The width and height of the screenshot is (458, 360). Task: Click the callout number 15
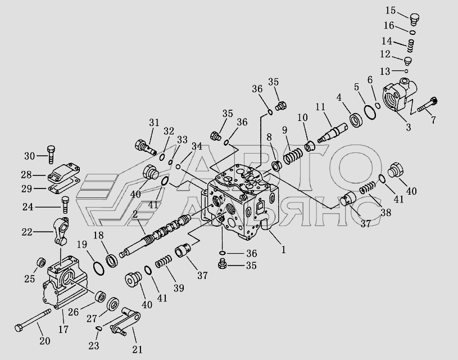tap(390, 11)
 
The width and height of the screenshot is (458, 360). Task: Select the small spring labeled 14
tap(411, 46)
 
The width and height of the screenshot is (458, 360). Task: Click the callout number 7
tap(433, 120)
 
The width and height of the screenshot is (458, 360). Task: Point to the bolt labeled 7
tap(427, 105)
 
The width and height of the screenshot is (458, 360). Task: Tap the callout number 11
tap(320, 107)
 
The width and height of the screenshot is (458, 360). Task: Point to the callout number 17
tap(63, 329)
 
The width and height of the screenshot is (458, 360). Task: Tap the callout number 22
tap(26, 232)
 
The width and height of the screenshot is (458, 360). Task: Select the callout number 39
tap(179, 288)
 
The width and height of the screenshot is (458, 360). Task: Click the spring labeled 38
tap(368, 187)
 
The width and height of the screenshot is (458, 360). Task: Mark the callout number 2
tap(135, 214)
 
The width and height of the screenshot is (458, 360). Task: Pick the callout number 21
tap(137, 349)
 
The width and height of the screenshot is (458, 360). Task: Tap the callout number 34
tap(197, 146)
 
